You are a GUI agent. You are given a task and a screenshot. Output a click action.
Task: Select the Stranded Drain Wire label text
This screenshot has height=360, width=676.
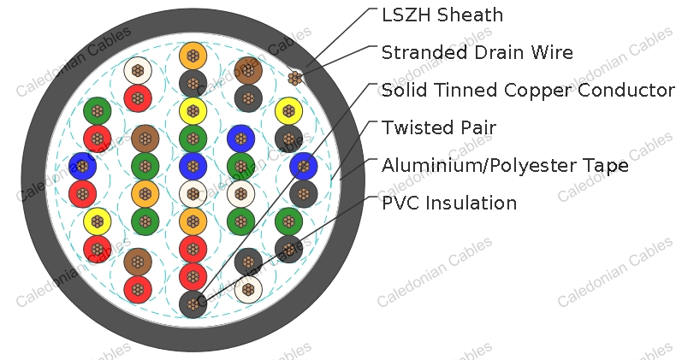click(x=477, y=53)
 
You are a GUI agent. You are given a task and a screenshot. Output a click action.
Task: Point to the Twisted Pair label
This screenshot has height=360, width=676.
click(x=438, y=128)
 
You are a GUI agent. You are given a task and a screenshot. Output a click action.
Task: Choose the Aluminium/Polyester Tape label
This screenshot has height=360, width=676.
click(x=505, y=166)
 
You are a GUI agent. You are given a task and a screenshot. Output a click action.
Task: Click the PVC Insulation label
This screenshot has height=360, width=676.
click(x=449, y=204)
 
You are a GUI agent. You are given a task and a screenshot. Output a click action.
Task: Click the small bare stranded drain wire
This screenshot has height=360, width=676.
click(x=295, y=78)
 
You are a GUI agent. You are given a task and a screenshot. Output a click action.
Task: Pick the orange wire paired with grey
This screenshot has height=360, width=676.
click(x=193, y=57)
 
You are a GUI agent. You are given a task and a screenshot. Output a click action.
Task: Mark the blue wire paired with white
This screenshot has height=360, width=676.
click(x=193, y=165)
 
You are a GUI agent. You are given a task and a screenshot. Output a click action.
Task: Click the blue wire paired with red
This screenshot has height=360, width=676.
click(x=82, y=165)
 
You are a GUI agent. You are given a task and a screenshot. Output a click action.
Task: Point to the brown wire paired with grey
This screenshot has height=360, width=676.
click(x=247, y=70)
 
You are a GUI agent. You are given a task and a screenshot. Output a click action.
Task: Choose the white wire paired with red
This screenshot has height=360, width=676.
click(x=137, y=70)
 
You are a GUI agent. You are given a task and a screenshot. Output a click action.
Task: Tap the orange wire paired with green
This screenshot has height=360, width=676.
click(x=145, y=193)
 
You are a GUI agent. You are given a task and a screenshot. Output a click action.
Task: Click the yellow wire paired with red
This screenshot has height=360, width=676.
click(x=97, y=221)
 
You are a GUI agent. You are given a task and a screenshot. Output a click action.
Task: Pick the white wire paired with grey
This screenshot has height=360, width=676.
click(x=247, y=288)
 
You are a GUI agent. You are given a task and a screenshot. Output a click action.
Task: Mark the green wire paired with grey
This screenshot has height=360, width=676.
click(x=289, y=221)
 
